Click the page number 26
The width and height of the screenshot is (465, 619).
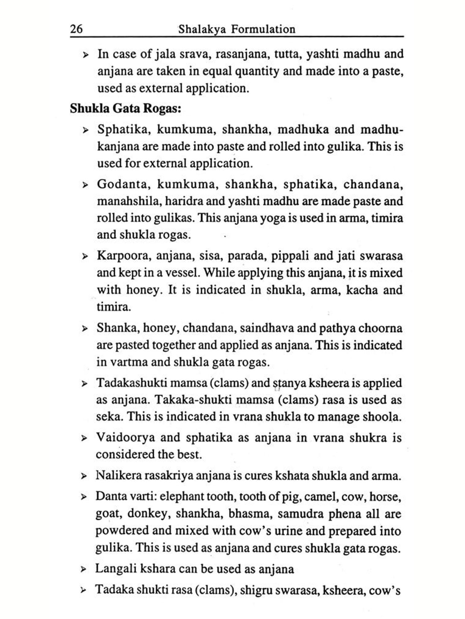(77, 29)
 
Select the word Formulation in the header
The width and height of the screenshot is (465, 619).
(263, 29)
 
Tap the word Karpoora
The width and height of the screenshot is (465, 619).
(124, 256)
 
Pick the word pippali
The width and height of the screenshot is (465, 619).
(290, 256)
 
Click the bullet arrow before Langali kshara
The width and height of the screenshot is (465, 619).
(84, 569)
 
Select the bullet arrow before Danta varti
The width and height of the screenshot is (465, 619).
(84, 497)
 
